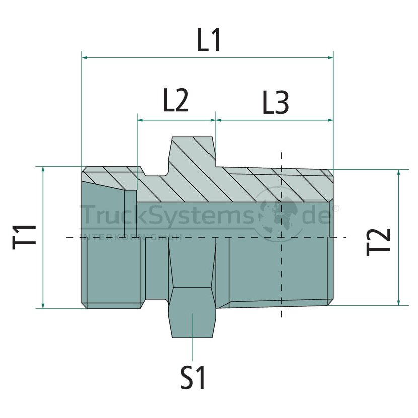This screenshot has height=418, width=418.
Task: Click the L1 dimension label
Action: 208,40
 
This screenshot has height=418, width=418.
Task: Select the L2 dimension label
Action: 175,100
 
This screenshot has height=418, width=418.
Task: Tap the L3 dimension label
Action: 275,103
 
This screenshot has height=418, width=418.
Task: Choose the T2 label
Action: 378,242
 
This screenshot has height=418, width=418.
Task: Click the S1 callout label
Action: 193,378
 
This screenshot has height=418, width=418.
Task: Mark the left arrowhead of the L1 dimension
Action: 85,57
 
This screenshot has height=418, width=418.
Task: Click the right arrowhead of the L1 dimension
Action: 330,57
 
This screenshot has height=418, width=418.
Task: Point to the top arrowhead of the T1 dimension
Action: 43,170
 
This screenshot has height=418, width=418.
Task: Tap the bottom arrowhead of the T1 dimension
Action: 43,306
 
